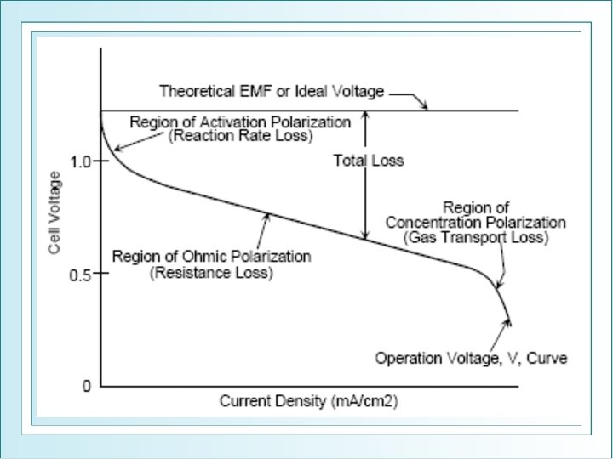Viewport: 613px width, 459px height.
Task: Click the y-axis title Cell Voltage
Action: click(54, 212)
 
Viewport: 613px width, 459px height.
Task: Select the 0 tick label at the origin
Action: click(85, 387)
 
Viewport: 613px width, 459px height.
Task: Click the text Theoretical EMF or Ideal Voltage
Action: click(272, 91)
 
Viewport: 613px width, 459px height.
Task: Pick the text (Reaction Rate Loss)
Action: click(241, 135)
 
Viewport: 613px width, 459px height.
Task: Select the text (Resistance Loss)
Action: click(211, 273)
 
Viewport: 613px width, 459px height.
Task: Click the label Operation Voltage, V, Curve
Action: click(471, 358)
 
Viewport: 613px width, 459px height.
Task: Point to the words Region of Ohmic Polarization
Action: click(211, 256)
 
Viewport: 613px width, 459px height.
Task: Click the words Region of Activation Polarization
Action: click(240, 122)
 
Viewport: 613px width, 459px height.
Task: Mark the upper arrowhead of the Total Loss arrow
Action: click(365, 115)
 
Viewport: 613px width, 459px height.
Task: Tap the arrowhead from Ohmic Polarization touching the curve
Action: click(268, 216)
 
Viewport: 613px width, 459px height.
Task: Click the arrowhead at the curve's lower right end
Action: click(509, 320)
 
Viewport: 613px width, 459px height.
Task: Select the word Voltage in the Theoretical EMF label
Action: click(362, 91)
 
